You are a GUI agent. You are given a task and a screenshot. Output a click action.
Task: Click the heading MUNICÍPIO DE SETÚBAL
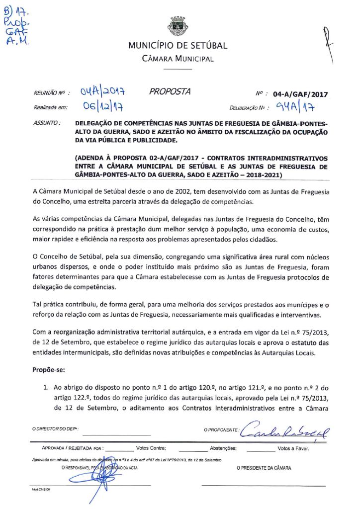click(x=178, y=46)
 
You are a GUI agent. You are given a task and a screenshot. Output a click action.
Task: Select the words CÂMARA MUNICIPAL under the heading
click(x=178, y=59)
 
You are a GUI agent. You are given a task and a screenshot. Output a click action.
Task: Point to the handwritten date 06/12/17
click(x=103, y=106)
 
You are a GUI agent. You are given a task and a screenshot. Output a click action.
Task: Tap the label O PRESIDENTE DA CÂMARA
click(x=264, y=468)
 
